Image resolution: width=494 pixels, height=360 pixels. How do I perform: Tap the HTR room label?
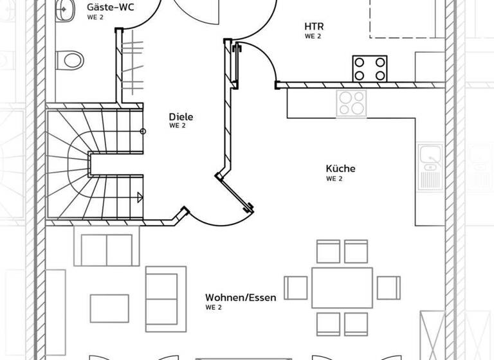coord(314,26)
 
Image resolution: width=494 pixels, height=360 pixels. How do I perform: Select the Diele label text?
coord(181,117)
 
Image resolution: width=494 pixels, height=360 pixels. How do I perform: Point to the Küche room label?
coord(340,168)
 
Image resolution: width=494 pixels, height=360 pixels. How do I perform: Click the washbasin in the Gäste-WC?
coord(64,10)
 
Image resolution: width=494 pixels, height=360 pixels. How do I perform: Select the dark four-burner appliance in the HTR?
coord(370,68)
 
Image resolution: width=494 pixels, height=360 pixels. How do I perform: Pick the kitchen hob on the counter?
coord(351,103)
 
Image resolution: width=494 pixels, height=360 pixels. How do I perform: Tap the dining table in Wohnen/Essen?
coord(342,287)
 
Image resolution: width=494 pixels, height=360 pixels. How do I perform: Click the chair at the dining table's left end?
coord(296,287)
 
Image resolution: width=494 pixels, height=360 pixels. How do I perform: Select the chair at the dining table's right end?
coord(388,287)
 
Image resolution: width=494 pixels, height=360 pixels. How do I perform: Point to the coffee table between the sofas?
coord(108,307)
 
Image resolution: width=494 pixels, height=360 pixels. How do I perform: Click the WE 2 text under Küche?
coord(334,179)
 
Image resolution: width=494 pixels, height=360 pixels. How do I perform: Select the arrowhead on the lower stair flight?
coord(139,197)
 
